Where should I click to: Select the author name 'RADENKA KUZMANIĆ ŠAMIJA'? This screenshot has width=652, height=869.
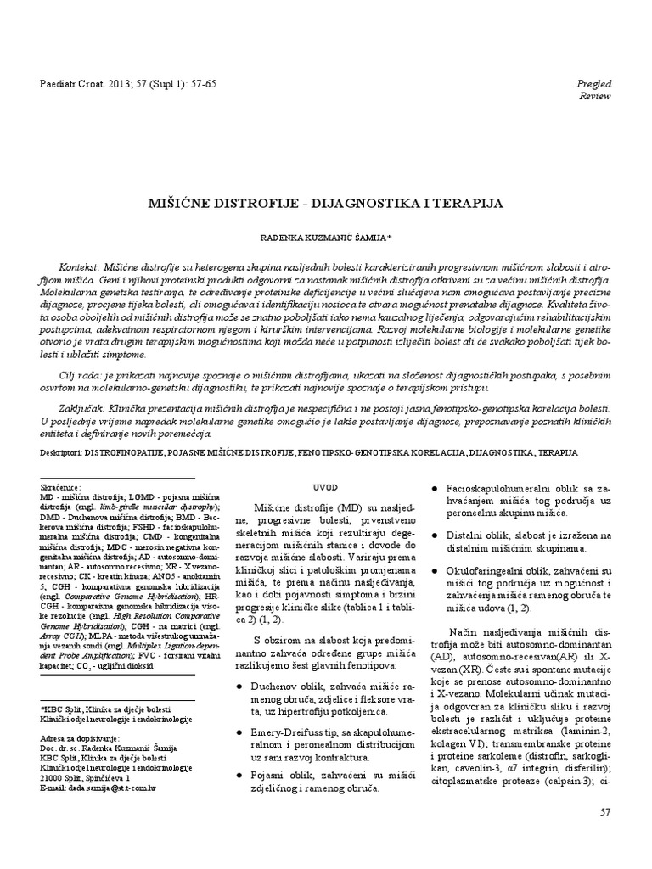pyautogui.click(x=325, y=240)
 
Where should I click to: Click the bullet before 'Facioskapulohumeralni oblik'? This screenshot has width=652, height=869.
pyautogui.click(x=436, y=489)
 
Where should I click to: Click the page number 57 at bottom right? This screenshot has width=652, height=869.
pyautogui.click(x=605, y=812)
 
